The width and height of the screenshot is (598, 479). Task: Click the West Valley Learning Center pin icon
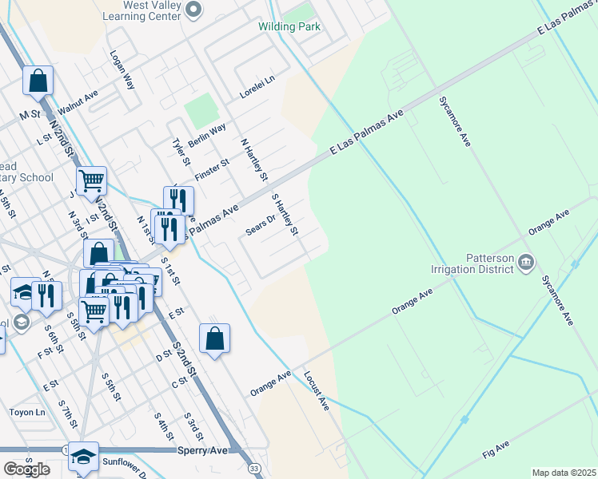[193, 10]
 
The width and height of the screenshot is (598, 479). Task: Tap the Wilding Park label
[289, 26]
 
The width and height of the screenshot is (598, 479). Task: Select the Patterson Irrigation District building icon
[527, 262]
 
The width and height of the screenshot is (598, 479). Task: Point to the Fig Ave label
[496, 449]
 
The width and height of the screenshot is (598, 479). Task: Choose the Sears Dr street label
[261, 225]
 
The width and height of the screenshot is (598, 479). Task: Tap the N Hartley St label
[254, 158]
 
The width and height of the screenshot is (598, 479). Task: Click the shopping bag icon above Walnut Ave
[38, 80]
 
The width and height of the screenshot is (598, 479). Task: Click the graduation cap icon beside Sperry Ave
[83, 456]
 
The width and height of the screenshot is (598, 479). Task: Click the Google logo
[26, 469]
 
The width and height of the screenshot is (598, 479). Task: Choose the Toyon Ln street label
[28, 413]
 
